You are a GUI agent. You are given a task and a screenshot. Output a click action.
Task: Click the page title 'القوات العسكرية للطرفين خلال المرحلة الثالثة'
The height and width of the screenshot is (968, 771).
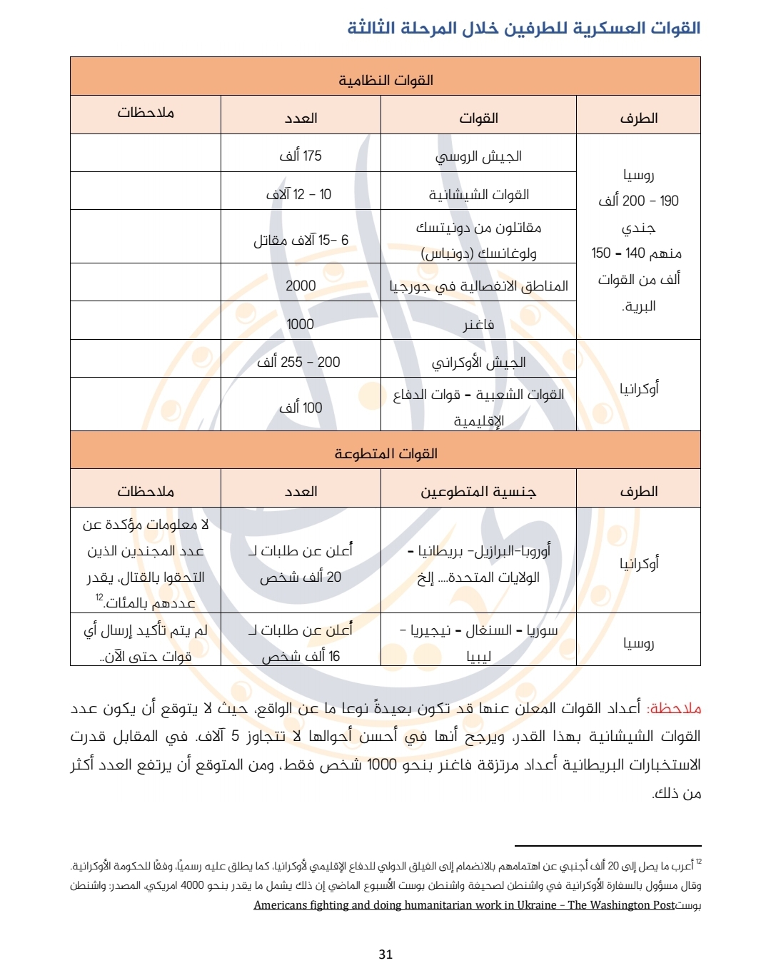(x=523, y=29)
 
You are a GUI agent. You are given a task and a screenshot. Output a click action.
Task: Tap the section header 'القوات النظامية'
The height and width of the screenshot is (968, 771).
(x=385, y=80)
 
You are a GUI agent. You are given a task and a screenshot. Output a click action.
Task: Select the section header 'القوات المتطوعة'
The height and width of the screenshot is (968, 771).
(x=385, y=453)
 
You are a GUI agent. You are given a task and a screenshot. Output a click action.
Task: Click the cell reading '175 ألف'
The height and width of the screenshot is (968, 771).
(x=301, y=156)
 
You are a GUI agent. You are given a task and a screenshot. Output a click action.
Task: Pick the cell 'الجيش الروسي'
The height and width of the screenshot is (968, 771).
(x=478, y=156)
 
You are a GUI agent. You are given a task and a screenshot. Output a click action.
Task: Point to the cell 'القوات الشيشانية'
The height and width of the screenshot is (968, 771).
(x=478, y=194)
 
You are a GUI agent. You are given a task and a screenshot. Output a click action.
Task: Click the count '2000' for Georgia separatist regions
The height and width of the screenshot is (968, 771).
(x=301, y=286)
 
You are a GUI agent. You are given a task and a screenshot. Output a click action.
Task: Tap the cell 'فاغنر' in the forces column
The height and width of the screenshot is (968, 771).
(x=478, y=325)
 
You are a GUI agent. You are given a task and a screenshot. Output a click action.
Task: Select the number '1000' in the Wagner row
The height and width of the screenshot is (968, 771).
(x=301, y=324)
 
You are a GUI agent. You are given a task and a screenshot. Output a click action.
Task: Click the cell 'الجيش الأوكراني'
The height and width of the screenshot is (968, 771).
(x=478, y=362)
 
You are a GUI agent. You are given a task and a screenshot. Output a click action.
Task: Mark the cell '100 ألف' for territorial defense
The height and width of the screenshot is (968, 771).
(x=301, y=408)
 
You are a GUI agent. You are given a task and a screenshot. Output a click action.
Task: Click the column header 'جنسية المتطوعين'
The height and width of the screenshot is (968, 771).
(x=478, y=491)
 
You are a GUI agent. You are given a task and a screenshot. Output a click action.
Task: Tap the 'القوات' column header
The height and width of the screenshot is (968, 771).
(x=478, y=118)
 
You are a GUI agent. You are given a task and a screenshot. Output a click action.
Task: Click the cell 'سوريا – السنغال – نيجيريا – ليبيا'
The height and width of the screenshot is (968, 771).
(x=478, y=643)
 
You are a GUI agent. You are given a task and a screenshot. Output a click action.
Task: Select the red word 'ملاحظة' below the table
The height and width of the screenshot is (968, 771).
(x=674, y=708)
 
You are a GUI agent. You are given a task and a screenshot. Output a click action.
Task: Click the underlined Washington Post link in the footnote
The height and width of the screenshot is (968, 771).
(x=464, y=905)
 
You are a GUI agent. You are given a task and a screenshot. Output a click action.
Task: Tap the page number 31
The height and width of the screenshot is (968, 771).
(x=385, y=954)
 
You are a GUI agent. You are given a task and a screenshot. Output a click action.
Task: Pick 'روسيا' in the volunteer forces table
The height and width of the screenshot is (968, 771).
(x=638, y=643)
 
